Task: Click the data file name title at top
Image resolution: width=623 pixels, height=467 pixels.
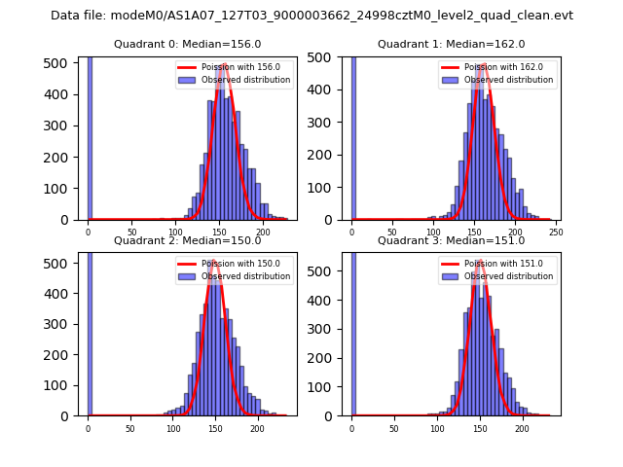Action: pos(311,16)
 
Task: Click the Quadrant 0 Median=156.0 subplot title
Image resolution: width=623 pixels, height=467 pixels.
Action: pos(187,44)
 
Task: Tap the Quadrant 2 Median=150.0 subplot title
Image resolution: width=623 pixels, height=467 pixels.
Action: pos(187,240)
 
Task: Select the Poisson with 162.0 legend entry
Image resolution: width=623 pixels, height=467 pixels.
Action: pos(496,67)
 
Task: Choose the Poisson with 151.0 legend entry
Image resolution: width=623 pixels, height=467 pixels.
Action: pos(496,264)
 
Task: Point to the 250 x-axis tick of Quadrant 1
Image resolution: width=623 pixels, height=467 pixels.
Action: pos(556,232)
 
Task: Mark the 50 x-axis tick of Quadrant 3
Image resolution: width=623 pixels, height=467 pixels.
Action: pos(394,428)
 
